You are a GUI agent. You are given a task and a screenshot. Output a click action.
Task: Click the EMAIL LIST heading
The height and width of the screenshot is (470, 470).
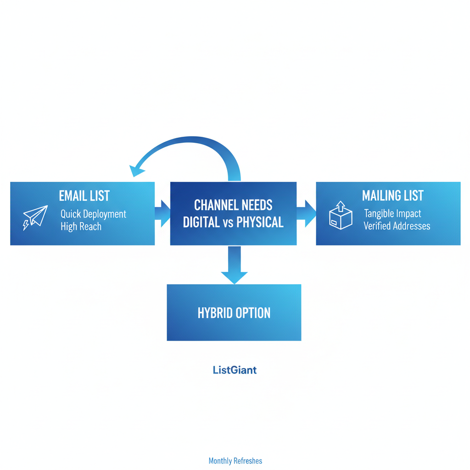point(84,196)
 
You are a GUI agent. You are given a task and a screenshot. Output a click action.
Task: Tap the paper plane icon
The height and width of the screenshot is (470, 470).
point(35,217)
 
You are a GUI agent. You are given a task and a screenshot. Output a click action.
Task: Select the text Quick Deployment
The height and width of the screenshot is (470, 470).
point(93,214)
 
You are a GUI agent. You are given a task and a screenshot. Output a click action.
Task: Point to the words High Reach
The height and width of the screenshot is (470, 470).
point(81,226)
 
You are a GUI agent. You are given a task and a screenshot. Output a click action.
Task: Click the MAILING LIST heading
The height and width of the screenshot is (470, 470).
point(393,196)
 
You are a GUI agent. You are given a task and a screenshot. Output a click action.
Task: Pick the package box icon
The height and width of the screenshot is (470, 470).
point(341,216)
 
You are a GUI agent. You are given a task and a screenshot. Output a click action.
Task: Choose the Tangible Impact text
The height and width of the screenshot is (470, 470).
point(392,213)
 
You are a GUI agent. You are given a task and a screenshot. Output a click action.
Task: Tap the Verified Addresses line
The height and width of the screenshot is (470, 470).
point(397,226)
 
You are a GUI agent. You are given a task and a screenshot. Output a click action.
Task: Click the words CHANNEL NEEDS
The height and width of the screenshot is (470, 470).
point(233,205)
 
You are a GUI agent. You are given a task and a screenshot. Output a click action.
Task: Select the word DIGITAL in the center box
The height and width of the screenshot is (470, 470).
point(201,222)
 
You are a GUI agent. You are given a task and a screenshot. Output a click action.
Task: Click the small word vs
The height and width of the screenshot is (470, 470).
point(228,223)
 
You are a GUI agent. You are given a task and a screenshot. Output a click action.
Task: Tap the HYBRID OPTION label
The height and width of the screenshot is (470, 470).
point(234,313)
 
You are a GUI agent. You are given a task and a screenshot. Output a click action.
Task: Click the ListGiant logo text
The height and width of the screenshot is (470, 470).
point(235,370)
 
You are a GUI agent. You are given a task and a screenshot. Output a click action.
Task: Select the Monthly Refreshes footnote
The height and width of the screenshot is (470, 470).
point(235,461)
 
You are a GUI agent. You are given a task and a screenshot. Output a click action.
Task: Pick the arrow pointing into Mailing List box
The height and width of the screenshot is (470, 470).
point(306,213)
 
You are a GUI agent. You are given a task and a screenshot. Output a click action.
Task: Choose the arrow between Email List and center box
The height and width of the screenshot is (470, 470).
point(162,213)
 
